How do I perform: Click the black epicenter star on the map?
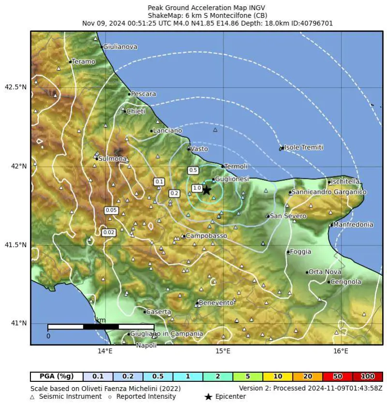[x=207, y=190]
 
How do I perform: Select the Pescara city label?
[x=144, y=94]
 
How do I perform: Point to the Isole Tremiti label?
[x=303, y=147]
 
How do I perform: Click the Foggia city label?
[x=300, y=252]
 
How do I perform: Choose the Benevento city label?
[x=217, y=303]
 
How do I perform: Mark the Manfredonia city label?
[x=353, y=224]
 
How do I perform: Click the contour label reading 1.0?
[x=197, y=188]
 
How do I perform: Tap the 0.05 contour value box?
[x=111, y=210]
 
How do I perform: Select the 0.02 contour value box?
[x=109, y=232]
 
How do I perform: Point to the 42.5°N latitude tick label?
[x=15, y=87]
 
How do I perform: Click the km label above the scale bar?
[x=101, y=320]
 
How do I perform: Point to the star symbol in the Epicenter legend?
[x=208, y=397]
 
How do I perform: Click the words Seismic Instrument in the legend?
[x=71, y=397]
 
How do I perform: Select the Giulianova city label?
[x=120, y=47]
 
